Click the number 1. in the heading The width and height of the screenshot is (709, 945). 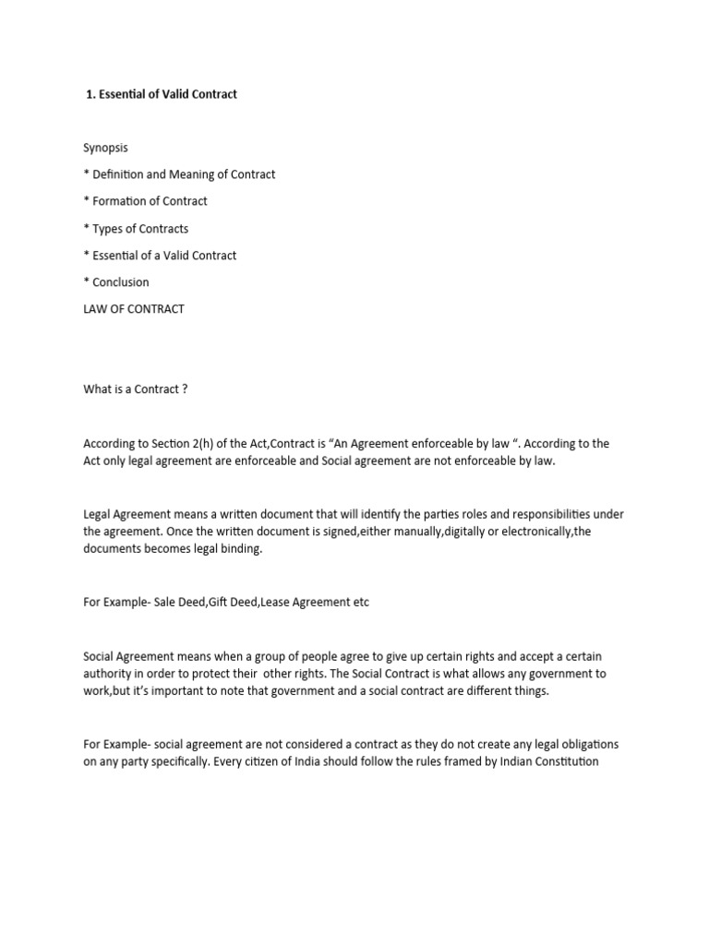90,94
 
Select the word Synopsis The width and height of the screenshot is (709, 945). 106,148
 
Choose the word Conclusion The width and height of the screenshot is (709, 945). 121,282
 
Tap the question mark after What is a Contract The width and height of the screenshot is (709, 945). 185,389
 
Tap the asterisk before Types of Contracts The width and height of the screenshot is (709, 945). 86,228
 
